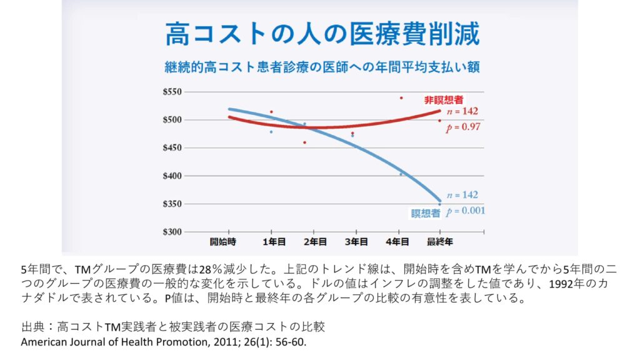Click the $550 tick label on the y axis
click(172, 92)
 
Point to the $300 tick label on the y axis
click(172, 232)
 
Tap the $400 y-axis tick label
click(172, 176)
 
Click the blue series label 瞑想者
click(426, 213)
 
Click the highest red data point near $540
click(401, 98)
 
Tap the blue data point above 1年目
click(271, 132)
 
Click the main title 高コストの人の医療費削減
click(322, 34)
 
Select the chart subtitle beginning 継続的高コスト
click(322, 66)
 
